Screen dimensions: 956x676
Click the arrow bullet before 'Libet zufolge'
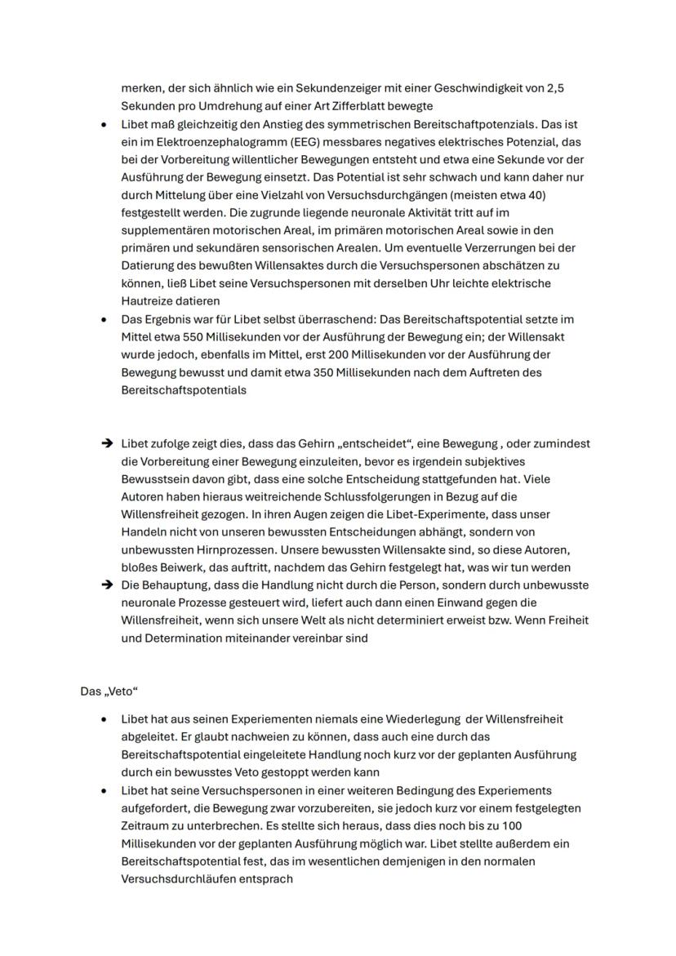pos(106,444)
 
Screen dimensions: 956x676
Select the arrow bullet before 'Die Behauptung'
pos(106,585)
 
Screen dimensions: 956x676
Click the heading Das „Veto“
pos(109,691)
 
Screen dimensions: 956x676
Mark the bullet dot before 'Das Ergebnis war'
pos(103,319)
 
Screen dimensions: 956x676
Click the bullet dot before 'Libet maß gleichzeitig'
pos(103,124)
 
